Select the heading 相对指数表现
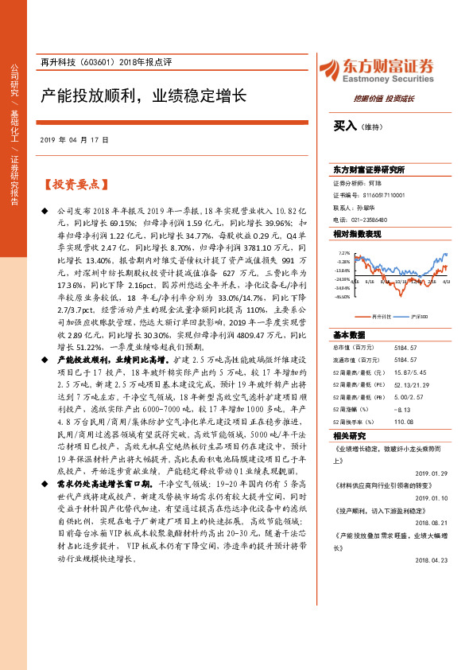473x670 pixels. click(357, 233)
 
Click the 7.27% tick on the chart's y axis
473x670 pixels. click(343, 254)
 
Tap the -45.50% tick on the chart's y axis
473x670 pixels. click(342, 297)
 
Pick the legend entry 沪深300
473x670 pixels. click(421, 316)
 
